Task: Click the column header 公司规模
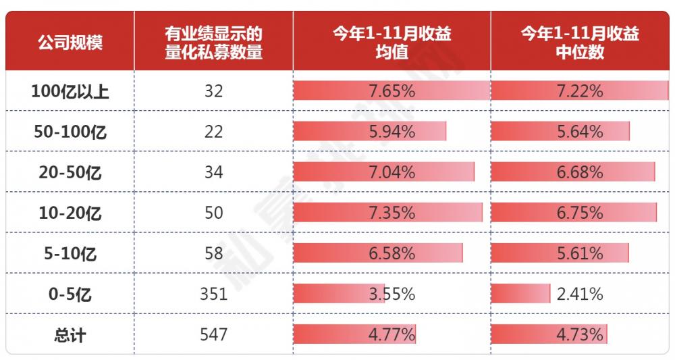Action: [70, 42]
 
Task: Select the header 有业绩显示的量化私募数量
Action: [213, 42]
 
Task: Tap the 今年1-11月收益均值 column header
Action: [391, 42]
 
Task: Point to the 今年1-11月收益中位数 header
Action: [580, 42]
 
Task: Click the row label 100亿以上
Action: [70, 91]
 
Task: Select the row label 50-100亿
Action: [70, 132]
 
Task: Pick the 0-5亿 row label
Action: [70, 294]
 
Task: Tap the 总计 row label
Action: [70, 335]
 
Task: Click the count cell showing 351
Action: [213, 294]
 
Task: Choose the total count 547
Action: [213, 334]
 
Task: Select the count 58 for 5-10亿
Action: [213, 253]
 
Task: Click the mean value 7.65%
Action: [391, 91]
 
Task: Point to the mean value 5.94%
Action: [391, 132]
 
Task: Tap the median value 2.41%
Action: [580, 294]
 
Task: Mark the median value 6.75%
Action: [580, 213]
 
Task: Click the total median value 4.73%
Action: [580, 334]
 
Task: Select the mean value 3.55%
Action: [391, 294]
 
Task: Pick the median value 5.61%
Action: [580, 253]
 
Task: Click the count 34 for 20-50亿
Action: [213, 172]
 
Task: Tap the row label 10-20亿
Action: [70, 213]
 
